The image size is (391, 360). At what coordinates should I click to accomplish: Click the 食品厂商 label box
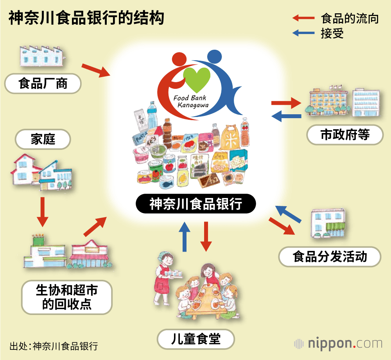click(x=43, y=83)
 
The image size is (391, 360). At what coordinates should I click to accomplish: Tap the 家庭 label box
click(x=43, y=140)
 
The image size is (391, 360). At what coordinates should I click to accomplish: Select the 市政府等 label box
click(x=345, y=135)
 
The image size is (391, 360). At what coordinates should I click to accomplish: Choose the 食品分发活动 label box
click(x=330, y=257)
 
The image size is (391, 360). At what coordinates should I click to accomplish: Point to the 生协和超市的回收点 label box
click(x=66, y=297)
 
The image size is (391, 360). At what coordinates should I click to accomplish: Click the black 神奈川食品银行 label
click(x=195, y=204)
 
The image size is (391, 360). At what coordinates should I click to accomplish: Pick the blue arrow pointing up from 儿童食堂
click(x=185, y=236)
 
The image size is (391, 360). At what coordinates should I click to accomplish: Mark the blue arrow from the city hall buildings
click(x=287, y=116)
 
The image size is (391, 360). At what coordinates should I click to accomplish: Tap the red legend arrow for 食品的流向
click(x=303, y=18)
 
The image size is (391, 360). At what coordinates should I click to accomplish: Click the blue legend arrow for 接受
click(x=303, y=33)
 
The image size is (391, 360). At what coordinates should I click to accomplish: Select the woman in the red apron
click(x=166, y=278)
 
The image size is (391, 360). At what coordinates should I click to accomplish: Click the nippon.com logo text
click(x=344, y=344)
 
